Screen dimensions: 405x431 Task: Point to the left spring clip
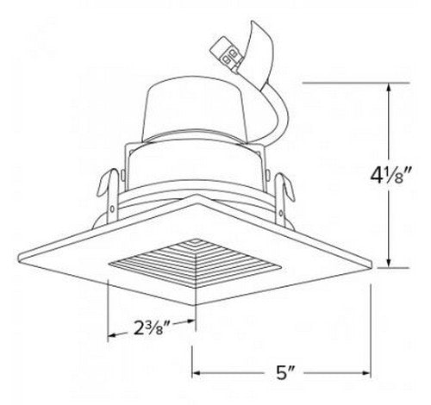(x=104, y=188)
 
